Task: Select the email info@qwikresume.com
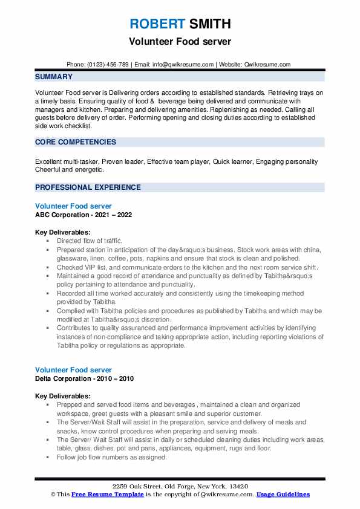pos(185,64)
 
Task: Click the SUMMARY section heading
pos(54,77)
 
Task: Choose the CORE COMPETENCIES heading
pos(76,142)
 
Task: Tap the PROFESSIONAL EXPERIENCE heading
pos(88,187)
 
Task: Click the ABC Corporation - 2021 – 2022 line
pos(83,215)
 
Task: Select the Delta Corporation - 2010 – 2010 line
pos(84,378)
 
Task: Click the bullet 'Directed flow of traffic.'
pos(90,241)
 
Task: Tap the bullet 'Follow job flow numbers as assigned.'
pos(111,458)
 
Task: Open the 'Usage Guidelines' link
pos(283,494)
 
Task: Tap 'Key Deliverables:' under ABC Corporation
pos(63,232)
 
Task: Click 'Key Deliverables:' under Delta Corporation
pos(63,396)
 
